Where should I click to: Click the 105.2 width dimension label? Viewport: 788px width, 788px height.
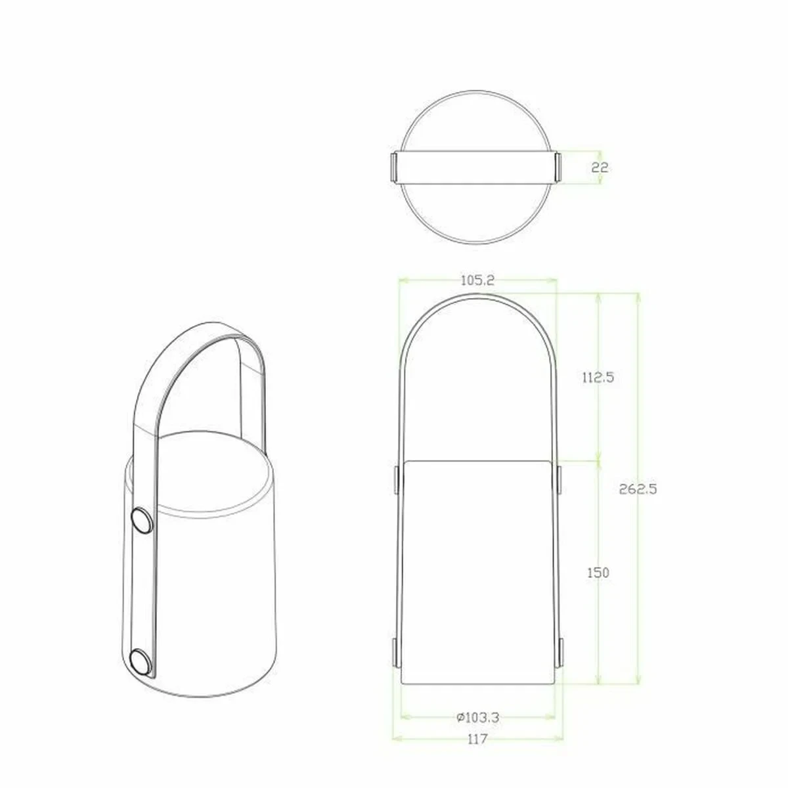pos(477,280)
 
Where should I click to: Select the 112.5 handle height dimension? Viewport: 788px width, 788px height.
pos(597,378)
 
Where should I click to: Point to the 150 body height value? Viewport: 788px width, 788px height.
pos(598,573)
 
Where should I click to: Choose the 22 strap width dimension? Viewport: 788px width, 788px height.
pos(600,167)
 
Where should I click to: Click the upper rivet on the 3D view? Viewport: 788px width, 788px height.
pos(141,521)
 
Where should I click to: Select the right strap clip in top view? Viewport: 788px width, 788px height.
pos(559,167)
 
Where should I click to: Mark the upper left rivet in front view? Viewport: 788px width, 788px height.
pos(397,480)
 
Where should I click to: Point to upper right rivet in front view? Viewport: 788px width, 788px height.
pos(559,480)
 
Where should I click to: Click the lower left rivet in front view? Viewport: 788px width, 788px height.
pos(397,653)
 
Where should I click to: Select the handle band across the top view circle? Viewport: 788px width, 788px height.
pos(476,167)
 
